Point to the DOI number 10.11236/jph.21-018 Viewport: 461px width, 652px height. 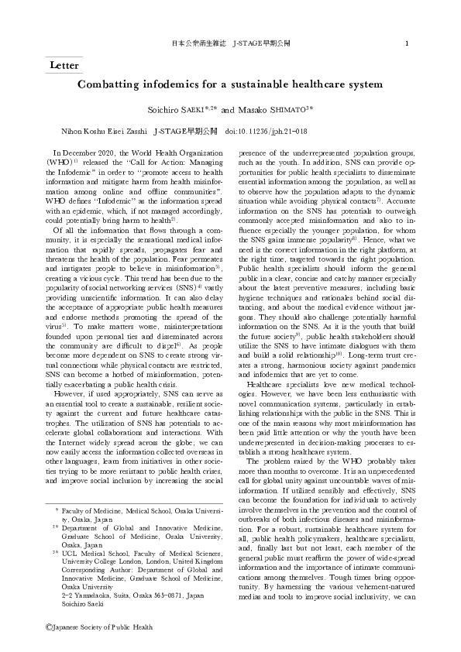[277, 132]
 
